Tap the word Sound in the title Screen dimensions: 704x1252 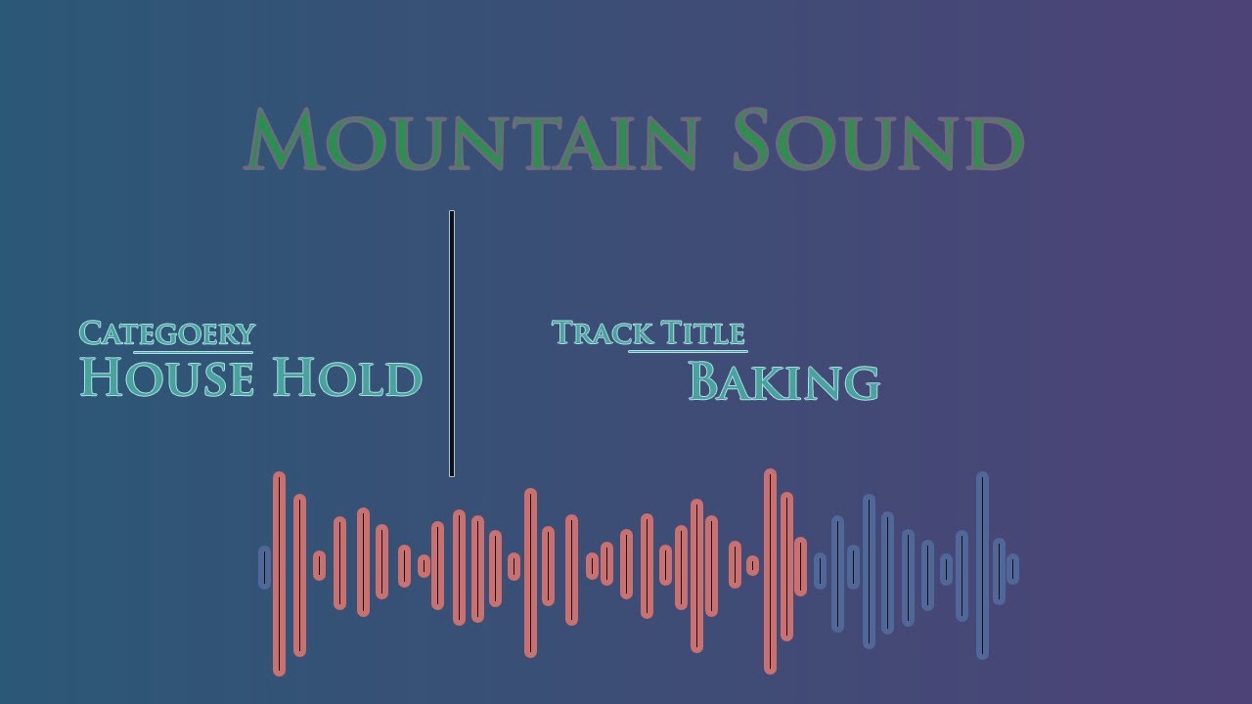point(877,142)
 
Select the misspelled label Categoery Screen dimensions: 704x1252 point(166,333)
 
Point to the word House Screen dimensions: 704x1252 point(167,378)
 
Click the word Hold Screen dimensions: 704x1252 point(347,378)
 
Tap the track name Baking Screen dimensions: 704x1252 point(783,381)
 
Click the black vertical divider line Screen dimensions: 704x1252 point(452,343)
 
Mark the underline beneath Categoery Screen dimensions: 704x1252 point(194,351)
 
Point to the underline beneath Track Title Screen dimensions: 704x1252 point(688,351)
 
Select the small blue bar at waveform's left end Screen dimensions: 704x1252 point(264,567)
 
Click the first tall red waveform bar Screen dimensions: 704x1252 point(279,573)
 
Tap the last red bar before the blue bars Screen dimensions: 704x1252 point(801,566)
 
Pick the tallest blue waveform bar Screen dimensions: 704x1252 point(982,565)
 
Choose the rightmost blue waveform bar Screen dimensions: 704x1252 point(1012,568)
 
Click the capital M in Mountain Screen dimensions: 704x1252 point(285,142)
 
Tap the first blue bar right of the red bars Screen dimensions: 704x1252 point(820,570)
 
